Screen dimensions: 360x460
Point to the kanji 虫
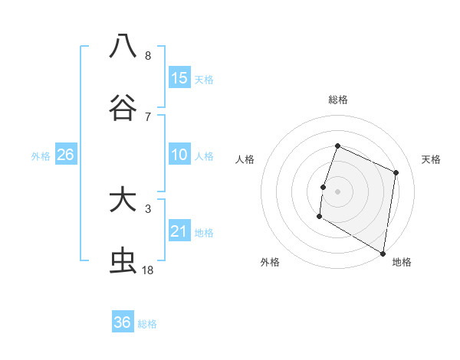tap(123, 261)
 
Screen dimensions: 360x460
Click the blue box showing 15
tap(179, 78)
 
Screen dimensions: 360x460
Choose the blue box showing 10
tap(179, 155)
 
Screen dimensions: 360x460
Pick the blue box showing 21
tap(179, 231)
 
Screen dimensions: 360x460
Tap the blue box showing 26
tap(65, 155)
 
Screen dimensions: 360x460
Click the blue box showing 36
tap(123, 322)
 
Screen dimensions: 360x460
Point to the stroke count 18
tap(147, 270)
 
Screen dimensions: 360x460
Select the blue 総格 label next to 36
tap(148, 324)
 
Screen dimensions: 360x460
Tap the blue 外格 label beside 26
tap(41, 156)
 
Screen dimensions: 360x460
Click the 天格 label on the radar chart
tap(431, 159)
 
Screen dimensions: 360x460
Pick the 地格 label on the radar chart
tap(402, 262)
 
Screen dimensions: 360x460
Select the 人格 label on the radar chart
tap(245, 159)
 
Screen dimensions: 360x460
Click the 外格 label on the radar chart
tap(269, 262)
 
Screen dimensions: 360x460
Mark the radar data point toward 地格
tap(383, 253)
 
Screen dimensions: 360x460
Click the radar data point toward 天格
tap(396, 172)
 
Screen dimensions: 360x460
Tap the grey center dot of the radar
tap(337, 190)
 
